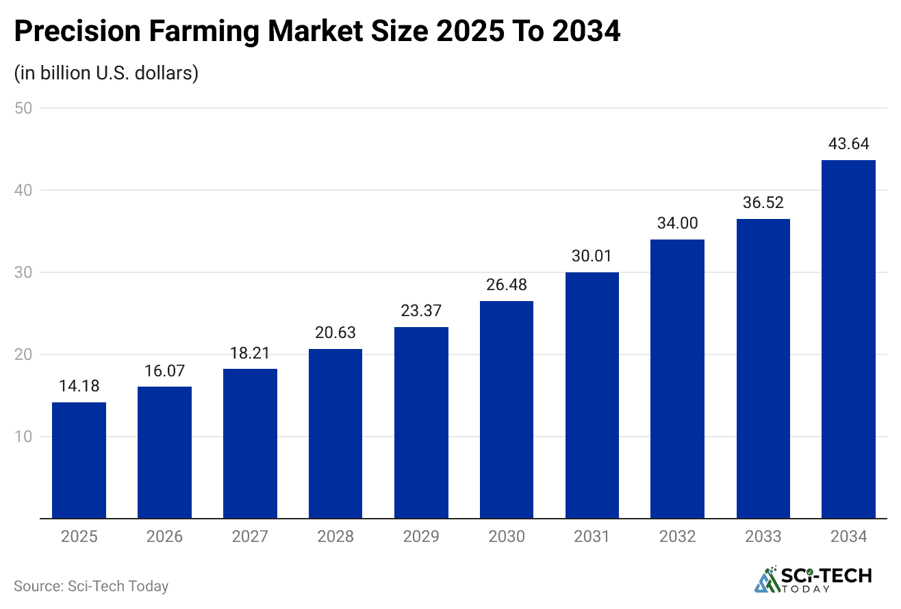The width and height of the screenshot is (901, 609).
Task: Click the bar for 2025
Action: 79,460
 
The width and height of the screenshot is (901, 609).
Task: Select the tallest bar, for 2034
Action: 848,339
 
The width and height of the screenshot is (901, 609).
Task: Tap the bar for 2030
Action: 507,409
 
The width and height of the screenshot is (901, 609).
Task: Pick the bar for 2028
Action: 335,433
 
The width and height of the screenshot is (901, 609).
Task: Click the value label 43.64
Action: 848,144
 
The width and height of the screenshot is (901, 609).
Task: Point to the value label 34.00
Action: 677,223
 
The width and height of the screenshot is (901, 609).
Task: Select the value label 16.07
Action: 164,370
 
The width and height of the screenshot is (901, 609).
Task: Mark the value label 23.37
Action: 421,311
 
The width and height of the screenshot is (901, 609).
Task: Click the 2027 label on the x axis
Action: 250,536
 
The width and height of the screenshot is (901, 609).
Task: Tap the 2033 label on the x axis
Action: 763,536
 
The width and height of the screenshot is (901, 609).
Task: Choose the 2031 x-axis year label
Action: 592,536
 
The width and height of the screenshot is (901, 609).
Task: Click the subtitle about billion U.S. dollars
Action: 106,73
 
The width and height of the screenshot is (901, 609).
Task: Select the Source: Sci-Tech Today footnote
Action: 91,586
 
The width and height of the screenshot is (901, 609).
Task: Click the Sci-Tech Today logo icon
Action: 767,579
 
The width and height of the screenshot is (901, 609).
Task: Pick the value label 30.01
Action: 592,256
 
